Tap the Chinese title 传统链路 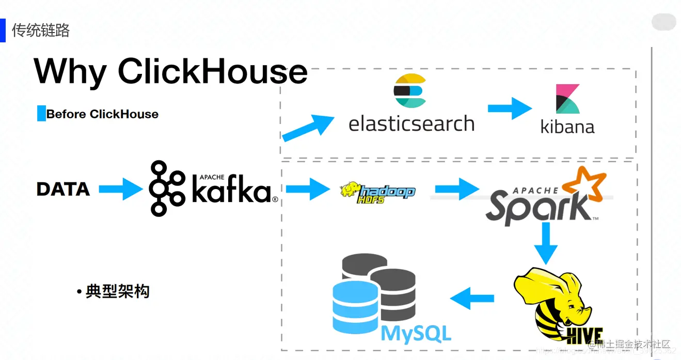point(41,30)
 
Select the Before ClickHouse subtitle point(102,114)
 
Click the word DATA point(63,189)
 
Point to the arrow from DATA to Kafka point(120,189)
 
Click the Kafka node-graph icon point(166,188)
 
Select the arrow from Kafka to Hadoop point(307,189)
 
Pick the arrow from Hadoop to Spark point(456,189)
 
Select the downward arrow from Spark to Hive point(546,243)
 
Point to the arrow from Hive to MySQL point(472,299)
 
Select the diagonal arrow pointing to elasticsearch point(308,128)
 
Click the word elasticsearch point(411,124)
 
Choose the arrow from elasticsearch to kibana point(509,108)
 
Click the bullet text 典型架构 point(117,291)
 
